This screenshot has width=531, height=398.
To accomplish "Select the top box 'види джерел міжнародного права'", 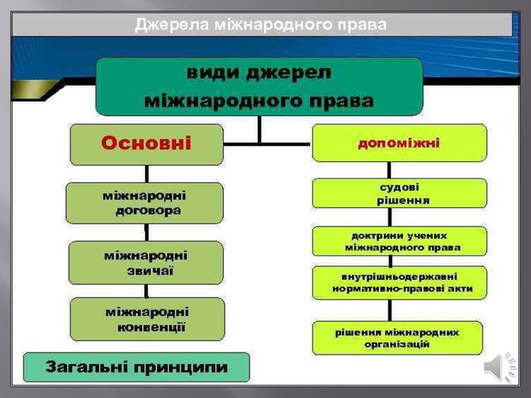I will tap(258, 86).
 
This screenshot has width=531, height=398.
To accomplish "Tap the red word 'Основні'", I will tap(147, 143).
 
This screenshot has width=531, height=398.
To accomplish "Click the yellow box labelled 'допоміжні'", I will tap(399, 143).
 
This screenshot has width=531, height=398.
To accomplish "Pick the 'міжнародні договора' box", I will tap(145, 202).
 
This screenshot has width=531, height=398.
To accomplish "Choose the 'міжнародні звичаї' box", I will tap(146, 262).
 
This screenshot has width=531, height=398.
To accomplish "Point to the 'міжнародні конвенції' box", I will tap(147, 319).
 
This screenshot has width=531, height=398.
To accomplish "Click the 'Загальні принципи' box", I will tap(137, 368).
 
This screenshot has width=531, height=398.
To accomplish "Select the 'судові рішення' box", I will tap(399, 193).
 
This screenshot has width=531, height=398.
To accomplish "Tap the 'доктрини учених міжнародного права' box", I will tap(399, 241).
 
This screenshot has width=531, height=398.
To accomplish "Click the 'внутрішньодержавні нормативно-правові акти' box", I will tap(399, 282).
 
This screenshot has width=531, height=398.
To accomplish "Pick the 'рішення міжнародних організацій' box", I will tap(397, 337).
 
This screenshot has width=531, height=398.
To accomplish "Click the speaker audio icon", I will tap(498, 367).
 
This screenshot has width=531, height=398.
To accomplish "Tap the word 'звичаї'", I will tap(146, 271).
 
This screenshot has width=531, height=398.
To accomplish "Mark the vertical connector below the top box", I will tap(259, 129).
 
